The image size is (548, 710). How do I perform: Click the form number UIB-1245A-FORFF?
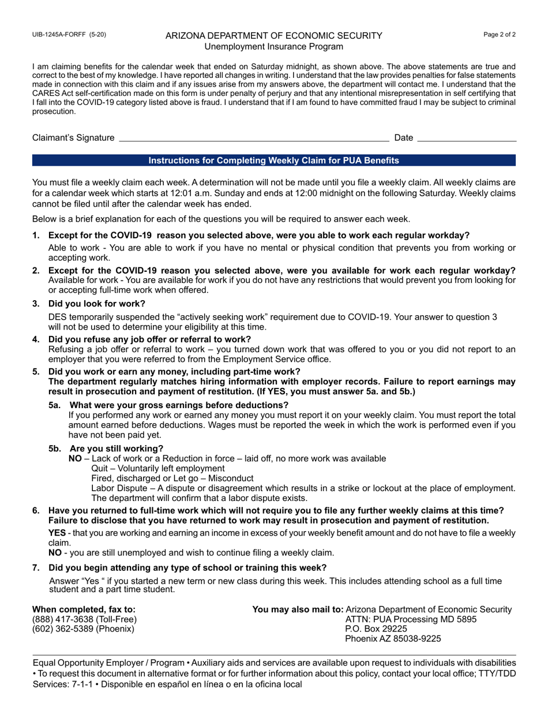point(69,35)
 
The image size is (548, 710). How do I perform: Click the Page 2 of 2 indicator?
point(500,35)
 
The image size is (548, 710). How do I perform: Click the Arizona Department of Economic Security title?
point(273,36)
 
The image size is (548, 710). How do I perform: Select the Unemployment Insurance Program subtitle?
point(273,47)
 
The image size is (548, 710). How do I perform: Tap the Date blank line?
point(466,138)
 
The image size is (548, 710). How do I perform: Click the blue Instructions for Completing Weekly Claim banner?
point(273,160)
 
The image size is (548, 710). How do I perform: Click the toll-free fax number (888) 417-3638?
point(84,619)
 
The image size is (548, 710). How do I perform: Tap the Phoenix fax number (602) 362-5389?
point(82,629)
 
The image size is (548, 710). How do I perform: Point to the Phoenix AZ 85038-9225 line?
point(392,639)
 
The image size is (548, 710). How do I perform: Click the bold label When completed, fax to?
point(84,610)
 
